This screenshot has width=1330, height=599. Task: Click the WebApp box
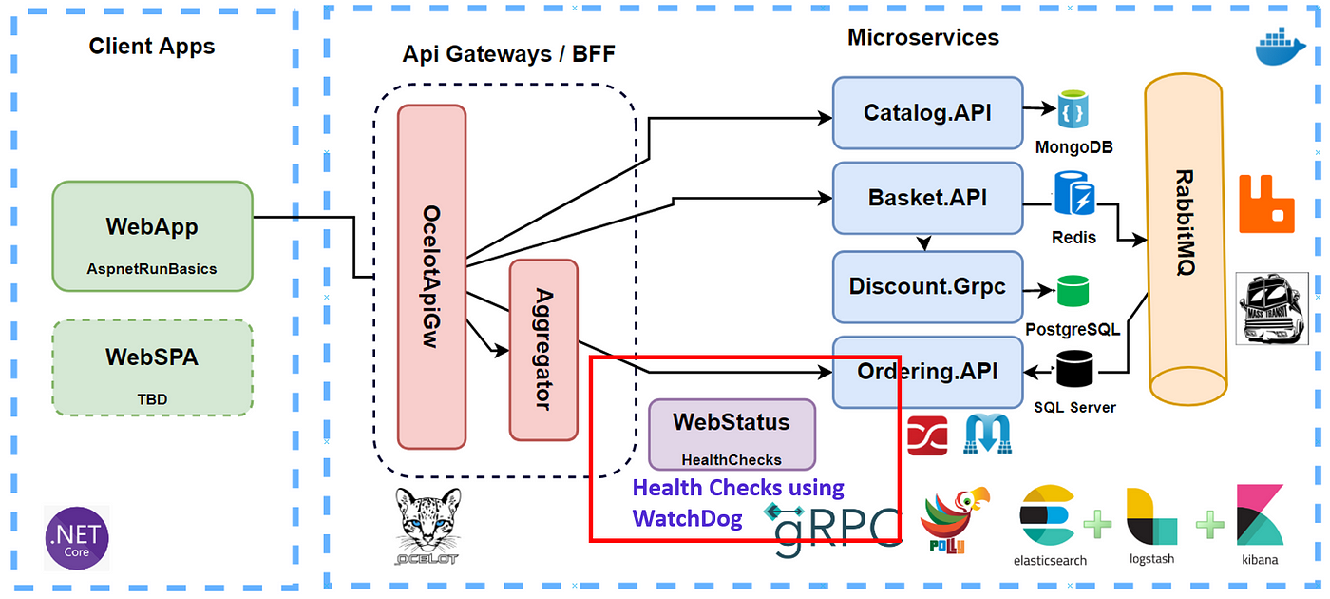(153, 236)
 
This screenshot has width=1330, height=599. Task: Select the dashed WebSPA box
(153, 368)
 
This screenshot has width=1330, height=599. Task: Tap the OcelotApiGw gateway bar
(431, 277)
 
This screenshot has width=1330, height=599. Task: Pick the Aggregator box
(543, 350)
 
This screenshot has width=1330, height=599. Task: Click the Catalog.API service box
(927, 113)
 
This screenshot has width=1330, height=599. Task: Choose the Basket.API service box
(927, 198)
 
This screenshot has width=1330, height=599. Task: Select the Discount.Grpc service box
(927, 287)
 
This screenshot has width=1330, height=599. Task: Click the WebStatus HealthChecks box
(731, 435)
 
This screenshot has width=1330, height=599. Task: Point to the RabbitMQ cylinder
(1187, 240)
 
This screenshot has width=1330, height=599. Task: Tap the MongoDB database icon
(1073, 108)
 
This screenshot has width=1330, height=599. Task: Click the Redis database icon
(1074, 192)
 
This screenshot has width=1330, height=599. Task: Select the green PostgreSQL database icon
(1073, 291)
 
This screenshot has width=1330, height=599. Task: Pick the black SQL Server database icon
(1074, 369)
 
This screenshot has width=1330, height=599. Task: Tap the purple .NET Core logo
(77, 538)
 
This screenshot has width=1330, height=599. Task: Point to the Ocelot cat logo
(427, 526)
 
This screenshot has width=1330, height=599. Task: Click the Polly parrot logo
(954, 519)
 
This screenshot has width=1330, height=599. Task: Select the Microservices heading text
(923, 37)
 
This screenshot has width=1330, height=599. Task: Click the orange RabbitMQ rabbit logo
(1266, 203)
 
